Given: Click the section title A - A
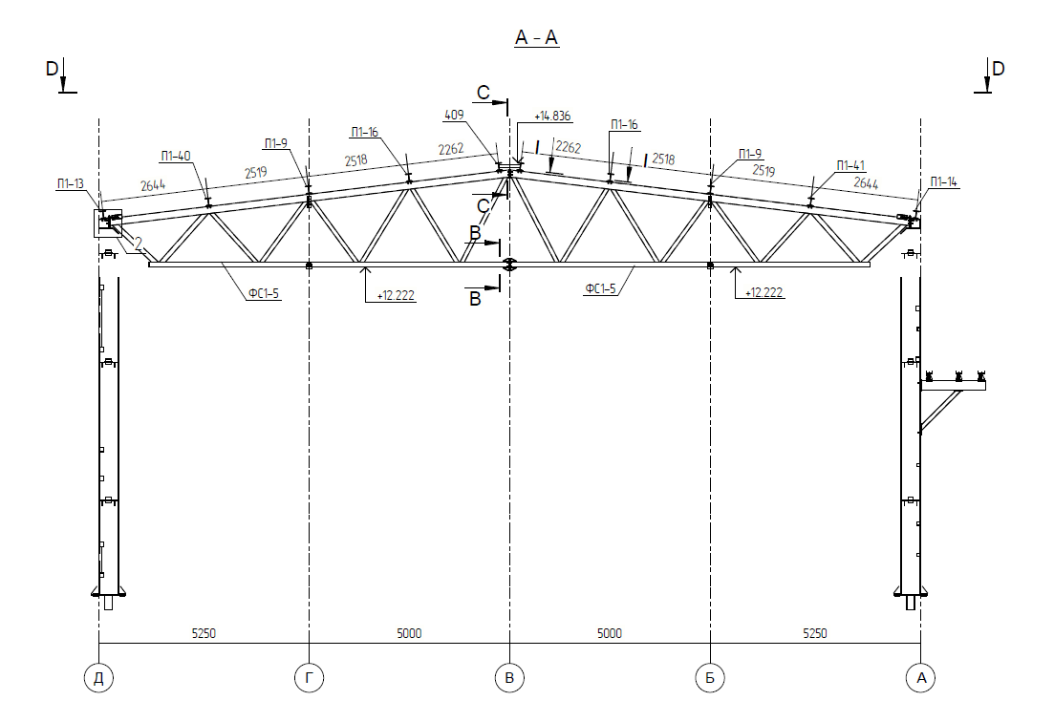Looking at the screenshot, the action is click(536, 37).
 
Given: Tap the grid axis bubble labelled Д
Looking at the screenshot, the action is click(98, 678).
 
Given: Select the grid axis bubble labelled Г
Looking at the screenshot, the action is click(310, 678).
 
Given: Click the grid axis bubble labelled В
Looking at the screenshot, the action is click(509, 678).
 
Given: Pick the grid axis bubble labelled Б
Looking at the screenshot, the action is click(710, 678).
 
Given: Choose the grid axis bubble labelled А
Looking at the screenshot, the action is click(921, 678).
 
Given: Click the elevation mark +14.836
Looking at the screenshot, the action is click(552, 117).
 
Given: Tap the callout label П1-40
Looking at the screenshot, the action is click(176, 156).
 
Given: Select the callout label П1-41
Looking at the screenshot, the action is click(851, 165).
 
